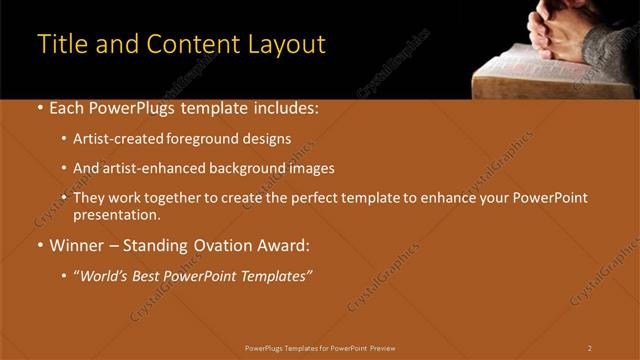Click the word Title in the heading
click(x=60, y=45)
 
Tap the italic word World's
click(x=106, y=275)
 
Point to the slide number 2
click(x=590, y=348)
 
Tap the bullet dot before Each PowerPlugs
click(x=40, y=107)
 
